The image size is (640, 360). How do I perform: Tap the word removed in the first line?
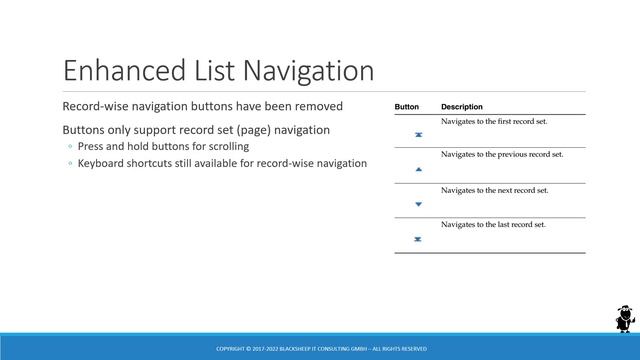pos(319,106)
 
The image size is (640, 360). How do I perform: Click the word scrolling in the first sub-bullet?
pos(226,146)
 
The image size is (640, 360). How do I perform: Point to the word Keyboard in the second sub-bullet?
pos(102,162)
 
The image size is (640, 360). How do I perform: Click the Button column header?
pos(407,107)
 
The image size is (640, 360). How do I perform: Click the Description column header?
pos(462,107)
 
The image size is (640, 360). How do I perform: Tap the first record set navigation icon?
pos(418,134)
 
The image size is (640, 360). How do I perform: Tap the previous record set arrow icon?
pos(418,170)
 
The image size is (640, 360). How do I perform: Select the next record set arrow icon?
pos(418,204)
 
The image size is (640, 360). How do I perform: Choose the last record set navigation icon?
pos(418,239)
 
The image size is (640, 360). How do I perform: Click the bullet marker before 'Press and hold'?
pos(70,147)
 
